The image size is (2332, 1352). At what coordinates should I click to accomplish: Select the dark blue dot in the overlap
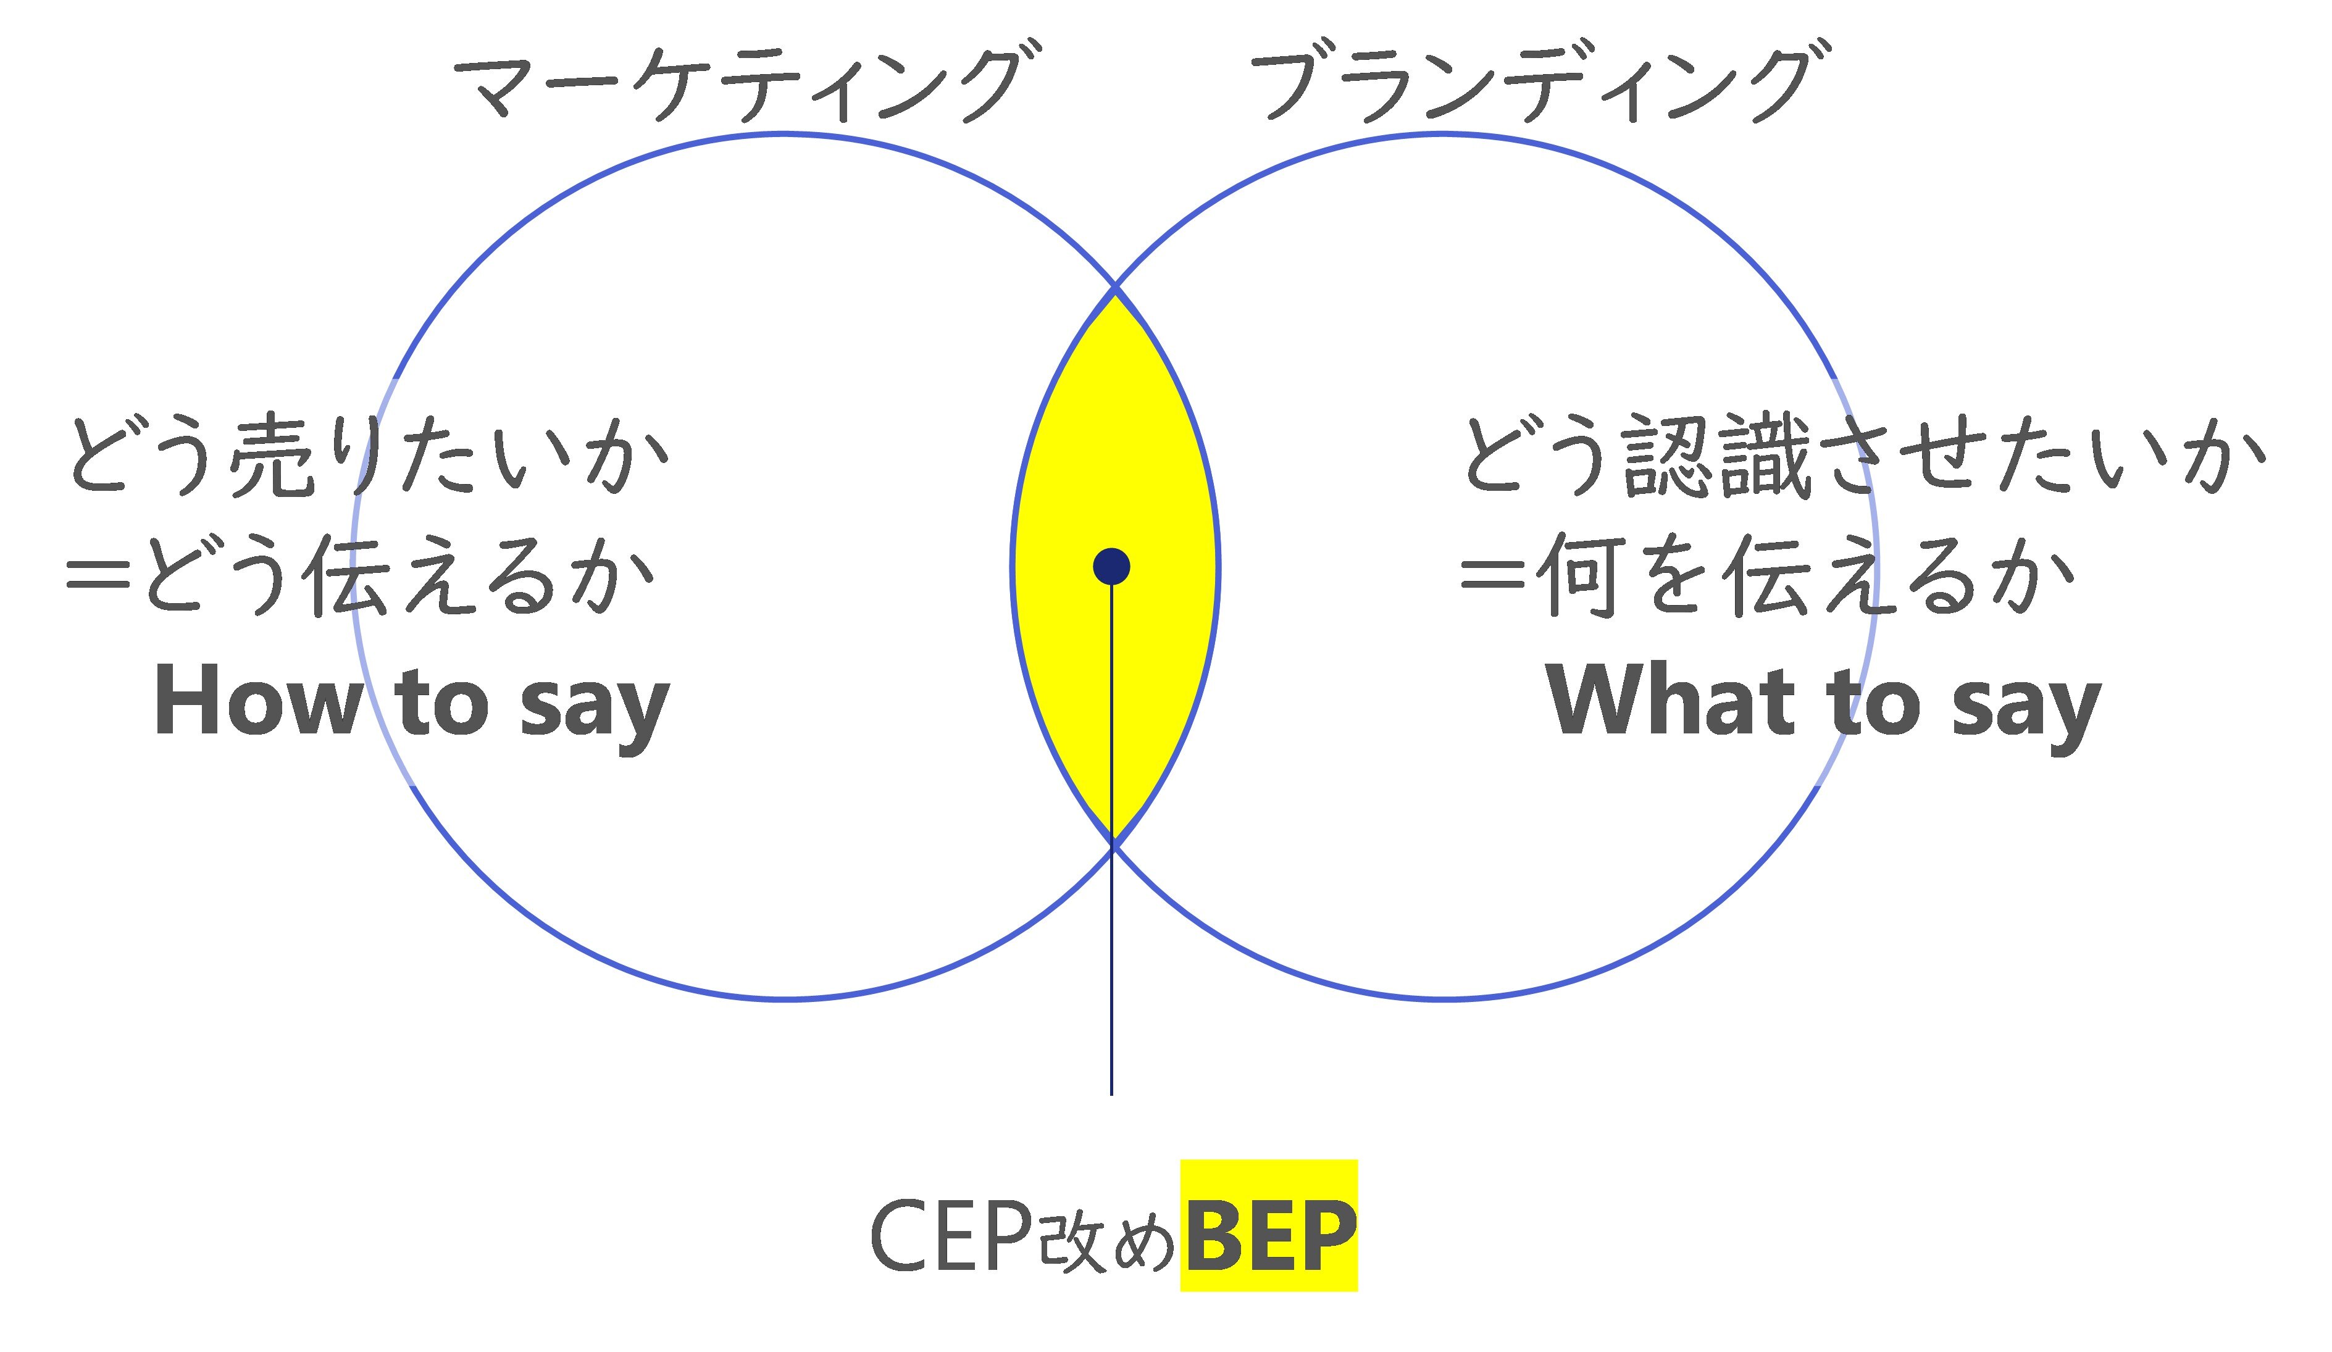[1111, 566]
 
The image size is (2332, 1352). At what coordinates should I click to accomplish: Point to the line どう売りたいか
[369, 454]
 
